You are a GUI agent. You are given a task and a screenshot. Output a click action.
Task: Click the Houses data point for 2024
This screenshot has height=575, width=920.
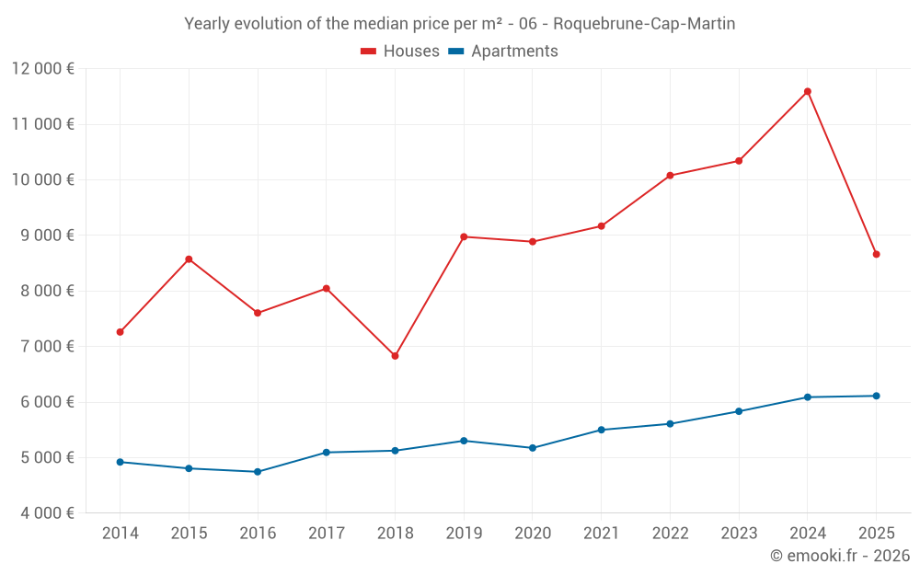tap(807, 91)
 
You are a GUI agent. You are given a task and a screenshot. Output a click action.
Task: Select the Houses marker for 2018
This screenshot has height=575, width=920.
tap(395, 356)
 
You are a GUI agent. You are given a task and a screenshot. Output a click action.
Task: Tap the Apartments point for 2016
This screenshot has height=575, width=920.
tap(258, 472)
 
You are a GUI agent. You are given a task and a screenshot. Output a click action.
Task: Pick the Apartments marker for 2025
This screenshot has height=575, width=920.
tap(876, 396)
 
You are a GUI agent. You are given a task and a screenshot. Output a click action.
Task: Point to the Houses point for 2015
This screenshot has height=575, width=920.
tap(189, 259)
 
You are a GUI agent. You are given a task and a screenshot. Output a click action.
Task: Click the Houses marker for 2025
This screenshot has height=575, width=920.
tap(876, 254)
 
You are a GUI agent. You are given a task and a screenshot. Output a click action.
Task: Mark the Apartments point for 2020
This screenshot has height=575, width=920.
tap(533, 448)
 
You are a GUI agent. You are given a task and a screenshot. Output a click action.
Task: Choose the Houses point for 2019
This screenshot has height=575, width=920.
tap(464, 236)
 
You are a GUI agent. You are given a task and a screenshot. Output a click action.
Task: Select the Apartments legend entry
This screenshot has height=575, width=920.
tap(503, 52)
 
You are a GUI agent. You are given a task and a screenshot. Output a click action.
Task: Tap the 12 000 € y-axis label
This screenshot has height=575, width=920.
tap(43, 68)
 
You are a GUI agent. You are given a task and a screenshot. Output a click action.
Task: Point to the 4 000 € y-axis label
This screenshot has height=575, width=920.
tap(43, 513)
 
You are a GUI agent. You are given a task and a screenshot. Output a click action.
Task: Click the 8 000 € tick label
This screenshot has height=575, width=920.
tap(43, 291)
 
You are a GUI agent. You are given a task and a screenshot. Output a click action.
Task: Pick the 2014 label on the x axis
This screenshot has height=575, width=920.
tap(121, 534)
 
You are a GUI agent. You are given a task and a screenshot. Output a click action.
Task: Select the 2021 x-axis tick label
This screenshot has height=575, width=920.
tap(602, 534)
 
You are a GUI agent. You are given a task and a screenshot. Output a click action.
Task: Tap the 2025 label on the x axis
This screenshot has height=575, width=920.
tap(876, 534)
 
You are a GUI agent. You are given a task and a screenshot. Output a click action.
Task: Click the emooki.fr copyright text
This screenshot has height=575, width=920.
tap(840, 556)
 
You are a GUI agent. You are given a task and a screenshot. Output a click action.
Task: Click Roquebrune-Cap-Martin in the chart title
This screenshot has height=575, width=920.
tap(644, 24)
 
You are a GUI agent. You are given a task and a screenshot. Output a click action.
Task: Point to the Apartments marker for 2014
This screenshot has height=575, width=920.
tap(121, 462)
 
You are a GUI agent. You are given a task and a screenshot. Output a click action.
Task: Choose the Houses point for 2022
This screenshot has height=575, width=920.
tap(670, 175)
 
